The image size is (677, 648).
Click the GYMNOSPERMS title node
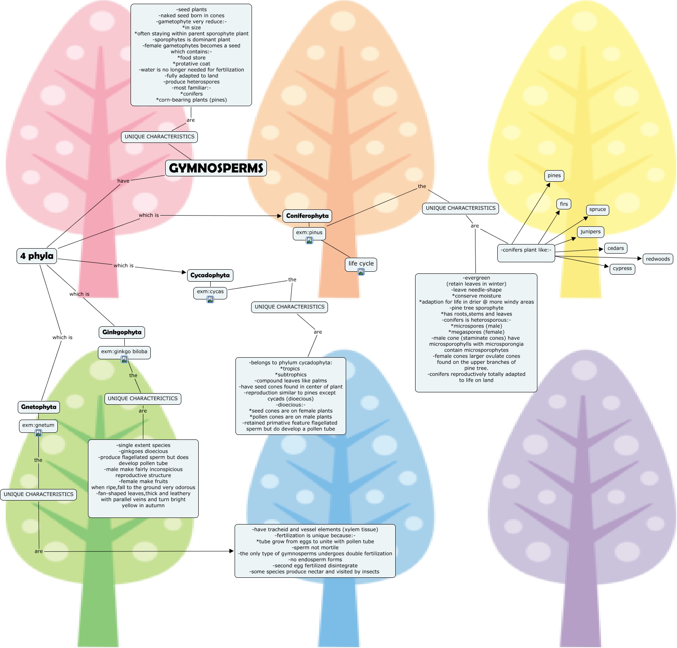click(x=216, y=168)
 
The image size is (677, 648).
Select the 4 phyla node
click(x=37, y=256)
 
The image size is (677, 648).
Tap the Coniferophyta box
click(x=307, y=216)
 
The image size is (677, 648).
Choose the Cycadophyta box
click(x=210, y=275)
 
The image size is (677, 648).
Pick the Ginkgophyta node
click(x=122, y=332)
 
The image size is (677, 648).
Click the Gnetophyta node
click(x=39, y=407)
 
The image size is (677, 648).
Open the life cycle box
click(x=361, y=263)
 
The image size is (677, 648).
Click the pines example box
click(x=554, y=176)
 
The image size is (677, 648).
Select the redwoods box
click(x=658, y=259)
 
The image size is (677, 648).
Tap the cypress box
click(x=622, y=268)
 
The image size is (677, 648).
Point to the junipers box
click(x=590, y=232)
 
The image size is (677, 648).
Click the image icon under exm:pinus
click(x=309, y=240)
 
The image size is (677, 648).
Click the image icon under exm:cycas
click(x=210, y=299)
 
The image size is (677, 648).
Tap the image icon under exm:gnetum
click(x=38, y=433)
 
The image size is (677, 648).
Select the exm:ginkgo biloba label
click(x=124, y=351)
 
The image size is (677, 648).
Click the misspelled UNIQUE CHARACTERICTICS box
click(x=143, y=399)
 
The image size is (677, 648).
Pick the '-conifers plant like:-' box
click(x=526, y=250)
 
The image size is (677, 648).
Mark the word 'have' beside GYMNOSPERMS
click(x=123, y=181)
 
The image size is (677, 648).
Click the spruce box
click(x=597, y=209)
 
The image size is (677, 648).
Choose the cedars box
click(x=615, y=248)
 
